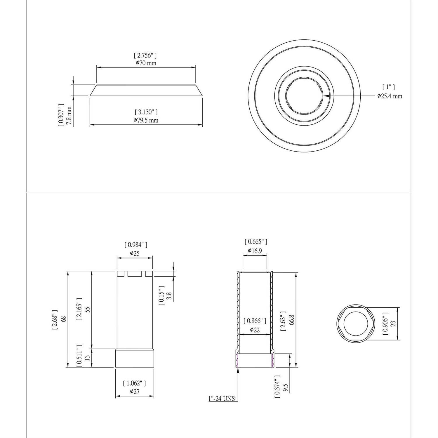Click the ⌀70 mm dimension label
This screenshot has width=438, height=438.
point(146,63)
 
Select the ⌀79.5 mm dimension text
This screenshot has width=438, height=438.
point(146,120)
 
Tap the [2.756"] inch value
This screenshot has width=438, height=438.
point(145,55)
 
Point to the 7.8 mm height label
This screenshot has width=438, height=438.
point(69,116)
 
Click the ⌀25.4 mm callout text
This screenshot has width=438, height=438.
point(390,96)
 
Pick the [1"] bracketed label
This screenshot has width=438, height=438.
point(388,87)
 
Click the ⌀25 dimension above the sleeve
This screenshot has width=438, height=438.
point(135,253)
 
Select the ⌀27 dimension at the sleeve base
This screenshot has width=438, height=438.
point(135,392)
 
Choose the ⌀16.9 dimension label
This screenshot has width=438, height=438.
point(255,251)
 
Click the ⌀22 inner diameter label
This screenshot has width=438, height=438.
point(255,330)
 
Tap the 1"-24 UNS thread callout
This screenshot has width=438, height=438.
point(222,399)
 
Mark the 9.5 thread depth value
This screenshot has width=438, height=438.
point(286,388)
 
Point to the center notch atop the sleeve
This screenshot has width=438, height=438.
point(135,274)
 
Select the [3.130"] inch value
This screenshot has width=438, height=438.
point(146,112)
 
